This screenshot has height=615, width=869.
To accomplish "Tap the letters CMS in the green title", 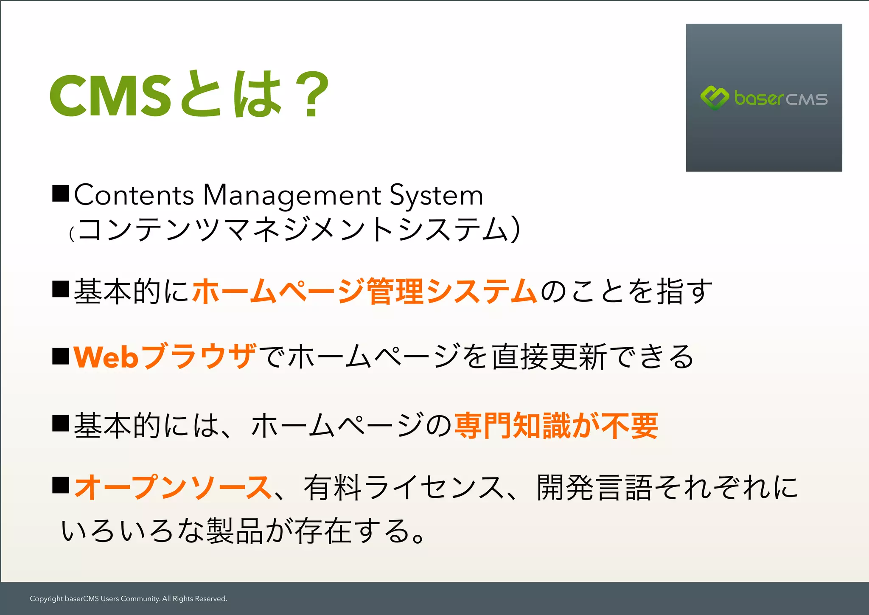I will coord(110,95).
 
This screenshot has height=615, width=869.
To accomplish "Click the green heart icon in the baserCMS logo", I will coord(715,98).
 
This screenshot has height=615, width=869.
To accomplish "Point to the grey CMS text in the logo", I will coord(806,99).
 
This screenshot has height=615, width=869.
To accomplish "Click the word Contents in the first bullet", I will coord(134,195).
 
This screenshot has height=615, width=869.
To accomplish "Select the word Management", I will coord(292,195).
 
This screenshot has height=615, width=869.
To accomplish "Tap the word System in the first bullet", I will coord(436,195).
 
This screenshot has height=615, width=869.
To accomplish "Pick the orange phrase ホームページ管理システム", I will coord(365,291).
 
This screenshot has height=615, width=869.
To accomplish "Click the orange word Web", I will coord(106,357).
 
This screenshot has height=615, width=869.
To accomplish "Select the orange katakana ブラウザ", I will coord(199,357).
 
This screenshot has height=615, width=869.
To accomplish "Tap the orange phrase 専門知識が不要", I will coord(556,426).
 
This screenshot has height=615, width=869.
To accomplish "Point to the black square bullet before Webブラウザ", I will coord(61,356).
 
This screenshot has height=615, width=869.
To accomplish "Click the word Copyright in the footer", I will coord(46,599).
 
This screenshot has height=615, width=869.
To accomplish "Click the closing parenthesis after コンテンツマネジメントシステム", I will coord(515,229).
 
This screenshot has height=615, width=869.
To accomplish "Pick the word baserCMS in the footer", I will coord(81,599).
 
